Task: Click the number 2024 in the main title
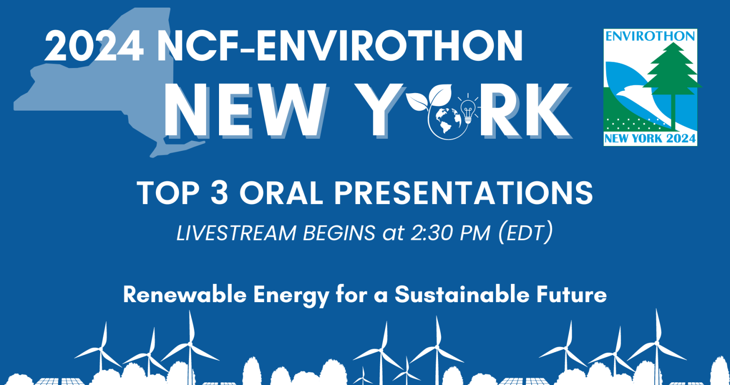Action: point(94,46)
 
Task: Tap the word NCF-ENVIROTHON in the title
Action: point(340,46)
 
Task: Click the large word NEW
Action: point(245,110)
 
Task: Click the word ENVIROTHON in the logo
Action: point(650,36)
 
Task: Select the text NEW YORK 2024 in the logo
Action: point(650,139)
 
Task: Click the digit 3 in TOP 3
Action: point(219,193)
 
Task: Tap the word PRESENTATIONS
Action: point(464,193)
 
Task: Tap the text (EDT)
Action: point(526,232)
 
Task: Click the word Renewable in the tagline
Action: point(185,295)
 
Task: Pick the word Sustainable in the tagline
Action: point(462,295)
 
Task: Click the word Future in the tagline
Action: point(571,295)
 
